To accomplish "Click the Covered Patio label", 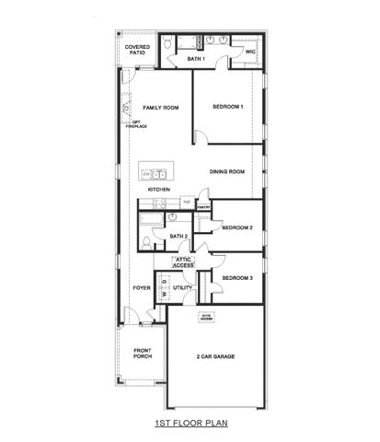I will pos(137,50).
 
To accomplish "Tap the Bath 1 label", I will pos(195,59).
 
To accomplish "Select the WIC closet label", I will pos(249,52).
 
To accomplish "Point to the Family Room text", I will pos(159,107).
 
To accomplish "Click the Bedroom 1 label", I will pos(228,107).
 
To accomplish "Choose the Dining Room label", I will pos(225,171).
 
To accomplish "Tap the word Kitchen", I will pos(159,190).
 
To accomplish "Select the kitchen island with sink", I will pos(155,172).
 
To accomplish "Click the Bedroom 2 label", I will pos(237,227).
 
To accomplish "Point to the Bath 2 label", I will pos(178,237).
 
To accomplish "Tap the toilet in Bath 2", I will pos(146,241).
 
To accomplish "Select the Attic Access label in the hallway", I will pos(183,262).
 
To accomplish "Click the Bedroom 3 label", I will pos(237,277).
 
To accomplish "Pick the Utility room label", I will pos(182,287).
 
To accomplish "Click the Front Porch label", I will pos(142,354).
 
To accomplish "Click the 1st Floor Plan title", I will pos(190,425).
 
